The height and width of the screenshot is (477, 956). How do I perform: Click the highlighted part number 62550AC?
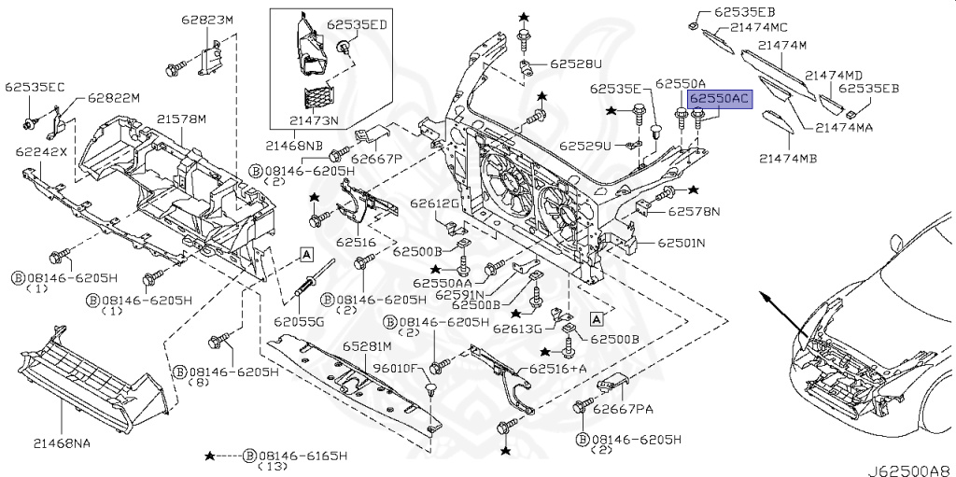coord(720,100)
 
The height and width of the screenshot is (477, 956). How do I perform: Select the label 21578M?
coord(181,119)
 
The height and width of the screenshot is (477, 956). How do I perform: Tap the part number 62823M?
coord(206,20)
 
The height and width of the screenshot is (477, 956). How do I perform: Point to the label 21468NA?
coord(62,443)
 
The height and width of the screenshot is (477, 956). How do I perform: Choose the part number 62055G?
coord(299,321)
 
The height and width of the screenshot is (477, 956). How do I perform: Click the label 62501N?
coord(681,243)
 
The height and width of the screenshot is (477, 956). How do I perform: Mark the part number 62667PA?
coord(623,409)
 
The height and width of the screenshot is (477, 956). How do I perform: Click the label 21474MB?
coord(788,159)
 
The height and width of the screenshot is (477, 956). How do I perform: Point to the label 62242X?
coord(42,151)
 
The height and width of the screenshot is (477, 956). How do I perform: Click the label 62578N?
coord(694,212)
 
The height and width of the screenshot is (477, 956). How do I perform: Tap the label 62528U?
coord(575,63)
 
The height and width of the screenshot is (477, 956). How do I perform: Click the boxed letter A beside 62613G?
coord(597,317)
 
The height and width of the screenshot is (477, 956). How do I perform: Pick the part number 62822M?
coord(113,97)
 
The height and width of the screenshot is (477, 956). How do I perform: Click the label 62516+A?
coord(557,368)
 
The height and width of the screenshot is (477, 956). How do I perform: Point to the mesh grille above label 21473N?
coord(319,99)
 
